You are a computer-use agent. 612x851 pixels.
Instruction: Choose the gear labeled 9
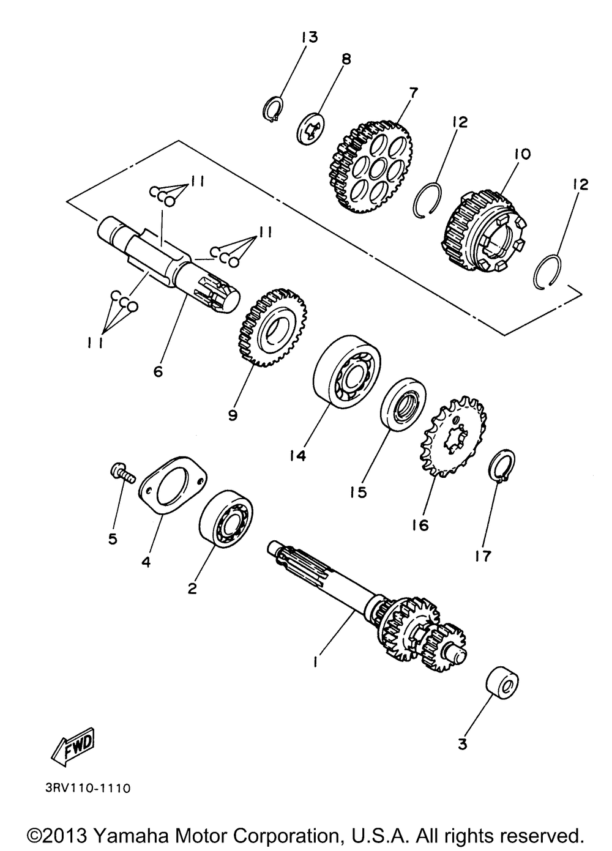point(271,328)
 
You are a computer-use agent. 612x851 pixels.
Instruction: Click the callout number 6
point(158,371)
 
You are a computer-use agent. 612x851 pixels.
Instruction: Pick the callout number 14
point(298,456)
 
